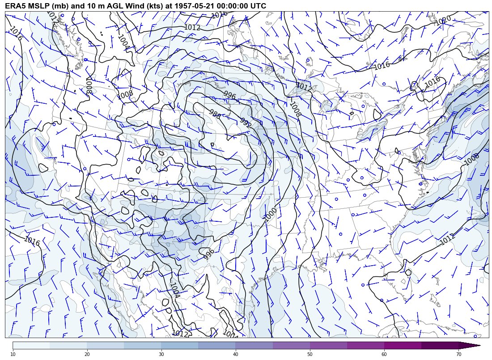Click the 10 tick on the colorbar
(13, 354)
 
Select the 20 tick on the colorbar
(87, 354)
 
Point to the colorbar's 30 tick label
(161, 354)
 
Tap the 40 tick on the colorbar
(235, 354)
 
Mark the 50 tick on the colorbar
(310, 354)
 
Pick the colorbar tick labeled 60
(384, 354)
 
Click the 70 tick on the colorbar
(458, 354)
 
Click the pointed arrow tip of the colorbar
(479, 345)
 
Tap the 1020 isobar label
(442, 21)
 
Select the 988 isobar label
(215, 114)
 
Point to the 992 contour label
(246, 123)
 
